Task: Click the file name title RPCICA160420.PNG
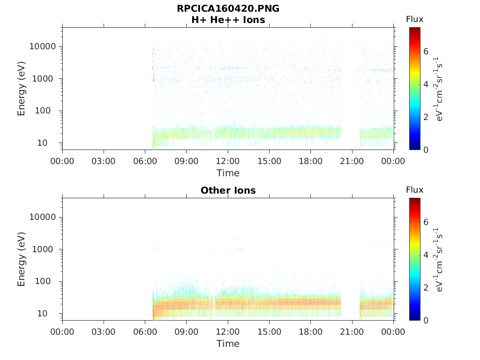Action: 228,8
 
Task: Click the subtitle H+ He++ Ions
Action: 228,20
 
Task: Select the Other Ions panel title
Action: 228,190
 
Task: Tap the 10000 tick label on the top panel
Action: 43,46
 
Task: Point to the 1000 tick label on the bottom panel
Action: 45,249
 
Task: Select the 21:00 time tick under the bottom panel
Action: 352,332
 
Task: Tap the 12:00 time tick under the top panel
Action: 228,161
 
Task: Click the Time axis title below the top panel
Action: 228,173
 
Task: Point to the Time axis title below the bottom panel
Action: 228,344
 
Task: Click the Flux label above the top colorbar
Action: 414,19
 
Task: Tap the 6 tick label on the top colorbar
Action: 426,51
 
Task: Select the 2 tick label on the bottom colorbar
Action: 426,287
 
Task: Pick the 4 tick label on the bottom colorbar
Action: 426,255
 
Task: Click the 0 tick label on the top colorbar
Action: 426,150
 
